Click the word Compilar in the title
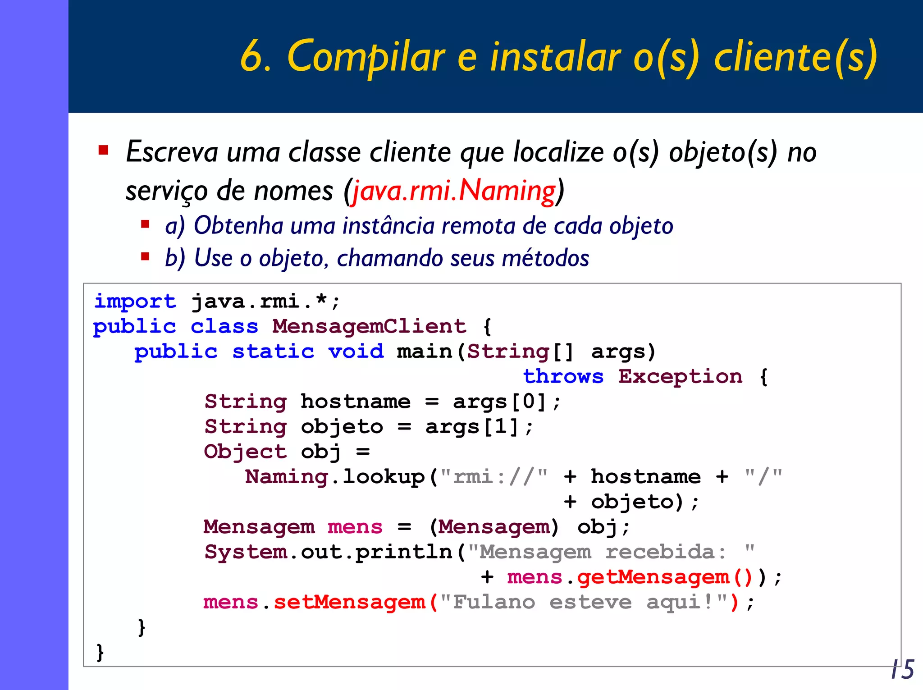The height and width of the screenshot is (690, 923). coord(366,57)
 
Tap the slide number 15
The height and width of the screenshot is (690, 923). coord(903,669)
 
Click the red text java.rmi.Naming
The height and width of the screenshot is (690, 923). coord(453,191)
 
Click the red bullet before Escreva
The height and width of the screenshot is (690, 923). coord(104,150)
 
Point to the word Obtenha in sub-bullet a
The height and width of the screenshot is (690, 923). coord(238,225)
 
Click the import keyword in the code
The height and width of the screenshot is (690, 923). coord(135,302)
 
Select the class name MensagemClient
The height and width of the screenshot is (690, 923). coord(369,326)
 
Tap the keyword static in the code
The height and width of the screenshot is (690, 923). coord(273,352)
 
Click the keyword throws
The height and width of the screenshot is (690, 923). coord(563,376)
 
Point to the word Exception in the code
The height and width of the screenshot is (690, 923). coord(680,376)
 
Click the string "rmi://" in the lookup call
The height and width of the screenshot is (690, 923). coord(494,477)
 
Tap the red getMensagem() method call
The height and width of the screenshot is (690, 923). coord(665,577)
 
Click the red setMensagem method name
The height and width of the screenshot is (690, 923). coord(349,602)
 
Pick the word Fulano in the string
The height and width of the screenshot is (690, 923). coord(494,602)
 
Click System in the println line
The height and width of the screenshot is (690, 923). coord(246,552)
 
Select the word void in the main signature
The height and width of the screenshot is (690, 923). coord(356,352)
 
